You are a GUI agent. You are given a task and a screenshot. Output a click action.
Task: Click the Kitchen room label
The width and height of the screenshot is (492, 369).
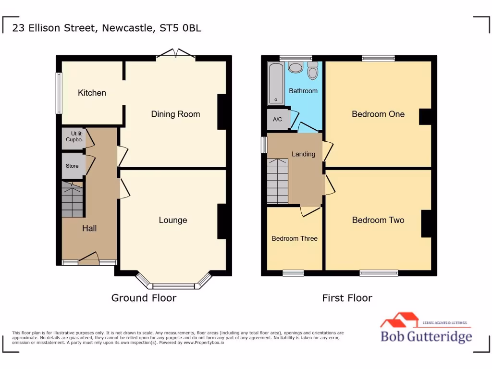92,93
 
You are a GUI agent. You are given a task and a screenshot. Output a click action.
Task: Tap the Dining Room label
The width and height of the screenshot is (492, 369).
175,114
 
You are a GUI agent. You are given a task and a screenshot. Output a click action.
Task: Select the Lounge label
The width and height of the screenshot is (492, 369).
173,220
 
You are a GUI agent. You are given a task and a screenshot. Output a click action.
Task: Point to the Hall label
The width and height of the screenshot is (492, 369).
89,228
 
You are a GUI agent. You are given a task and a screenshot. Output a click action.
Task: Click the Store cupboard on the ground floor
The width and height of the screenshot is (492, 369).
73,166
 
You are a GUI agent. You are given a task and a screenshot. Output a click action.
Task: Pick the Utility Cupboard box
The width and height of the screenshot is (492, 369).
74,137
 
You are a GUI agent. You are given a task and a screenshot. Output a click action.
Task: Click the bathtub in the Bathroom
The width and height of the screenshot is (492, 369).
276,83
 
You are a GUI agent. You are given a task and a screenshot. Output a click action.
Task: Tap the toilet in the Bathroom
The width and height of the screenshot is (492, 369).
313,71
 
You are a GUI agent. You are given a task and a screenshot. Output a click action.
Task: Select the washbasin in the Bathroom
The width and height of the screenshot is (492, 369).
295,68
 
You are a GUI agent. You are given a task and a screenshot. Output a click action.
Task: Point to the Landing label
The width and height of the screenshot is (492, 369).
304,154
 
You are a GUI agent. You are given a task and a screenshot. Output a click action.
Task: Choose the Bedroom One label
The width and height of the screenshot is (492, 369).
378,114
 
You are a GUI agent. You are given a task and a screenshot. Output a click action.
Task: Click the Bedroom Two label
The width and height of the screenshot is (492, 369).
378,220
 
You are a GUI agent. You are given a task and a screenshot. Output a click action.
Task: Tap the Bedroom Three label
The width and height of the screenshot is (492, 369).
295,238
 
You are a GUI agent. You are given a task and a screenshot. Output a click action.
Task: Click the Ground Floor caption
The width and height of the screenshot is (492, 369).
144,298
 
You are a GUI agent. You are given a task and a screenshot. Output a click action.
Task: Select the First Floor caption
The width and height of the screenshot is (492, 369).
347,298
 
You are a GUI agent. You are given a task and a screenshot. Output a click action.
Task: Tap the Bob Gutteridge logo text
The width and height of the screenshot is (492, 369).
426,336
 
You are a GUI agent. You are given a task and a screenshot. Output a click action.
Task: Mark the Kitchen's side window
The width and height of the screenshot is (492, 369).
59,93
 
